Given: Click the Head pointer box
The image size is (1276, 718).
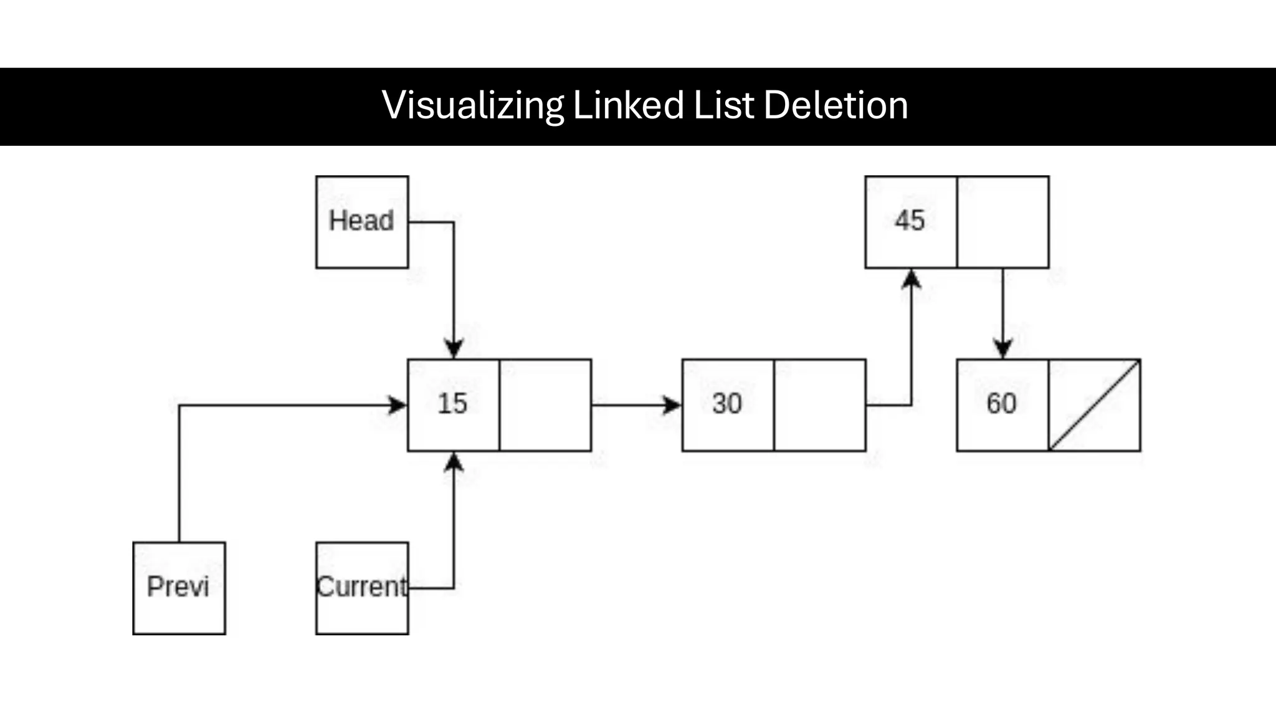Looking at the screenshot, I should [x=362, y=222].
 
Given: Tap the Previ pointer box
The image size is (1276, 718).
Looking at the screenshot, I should [x=179, y=588].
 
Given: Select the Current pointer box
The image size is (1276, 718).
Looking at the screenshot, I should [x=362, y=588].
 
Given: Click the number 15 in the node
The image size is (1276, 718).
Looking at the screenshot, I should [x=452, y=404].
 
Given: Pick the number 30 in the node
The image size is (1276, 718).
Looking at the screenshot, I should [x=727, y=404].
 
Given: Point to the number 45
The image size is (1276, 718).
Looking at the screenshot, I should [x=910, y=221].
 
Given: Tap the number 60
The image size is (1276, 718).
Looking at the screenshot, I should [x=1001, y=404].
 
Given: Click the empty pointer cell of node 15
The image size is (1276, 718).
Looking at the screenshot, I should [x=545, y=405].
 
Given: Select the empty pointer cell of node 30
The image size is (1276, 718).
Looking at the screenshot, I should [x=820, y=405].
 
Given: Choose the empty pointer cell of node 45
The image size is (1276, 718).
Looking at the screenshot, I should [x=1003, y=222].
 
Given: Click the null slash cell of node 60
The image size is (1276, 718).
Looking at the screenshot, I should [x=1095, y=405].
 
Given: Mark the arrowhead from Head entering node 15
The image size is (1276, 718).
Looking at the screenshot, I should [x=454, y=349].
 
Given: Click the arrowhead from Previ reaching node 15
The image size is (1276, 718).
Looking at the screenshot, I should [x=398, y=405].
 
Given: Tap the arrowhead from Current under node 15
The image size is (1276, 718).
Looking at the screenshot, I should [x=454, y=462].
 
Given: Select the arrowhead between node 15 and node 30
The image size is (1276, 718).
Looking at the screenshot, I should [x=672, y=405].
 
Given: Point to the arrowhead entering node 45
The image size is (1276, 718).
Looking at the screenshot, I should [x=912, y=279].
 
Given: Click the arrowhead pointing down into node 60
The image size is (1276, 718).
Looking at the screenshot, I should [x=1002, y=349].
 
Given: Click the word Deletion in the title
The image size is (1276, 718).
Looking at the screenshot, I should [x=836, y=105].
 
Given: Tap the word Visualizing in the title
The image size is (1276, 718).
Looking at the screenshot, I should [x=473, y=105].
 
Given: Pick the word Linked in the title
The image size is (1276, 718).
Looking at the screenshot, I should [x=628, y=105].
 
